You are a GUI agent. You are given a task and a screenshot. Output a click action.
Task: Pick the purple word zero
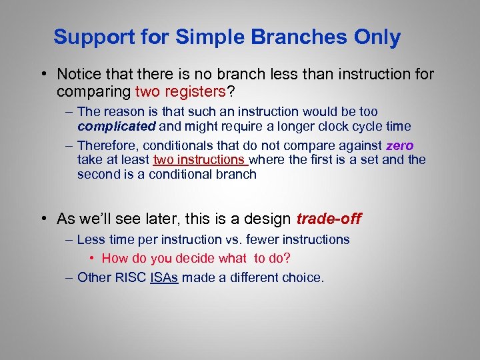(x=400, y=145)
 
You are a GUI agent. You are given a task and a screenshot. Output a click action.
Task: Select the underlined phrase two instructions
(x=199, y=160)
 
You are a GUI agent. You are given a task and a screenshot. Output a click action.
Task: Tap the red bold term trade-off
(x=329, y=219)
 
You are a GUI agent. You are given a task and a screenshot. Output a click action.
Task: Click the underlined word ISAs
(x=165, y=277)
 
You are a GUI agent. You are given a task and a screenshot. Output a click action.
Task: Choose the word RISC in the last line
(x=132, y=277)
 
